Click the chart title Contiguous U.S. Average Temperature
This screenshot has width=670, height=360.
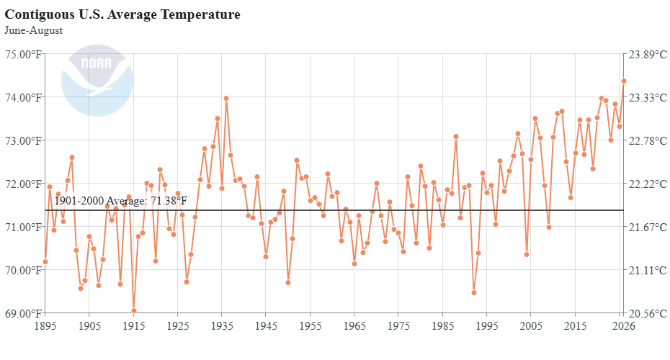click(x=122, y=14)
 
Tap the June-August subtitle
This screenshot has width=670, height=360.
click(x=33, y=30)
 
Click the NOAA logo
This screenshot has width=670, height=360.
click(x=97, y=81)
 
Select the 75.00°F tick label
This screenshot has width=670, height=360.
click(x=24, y=54)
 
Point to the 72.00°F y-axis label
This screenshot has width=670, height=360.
click(x=24, y=184)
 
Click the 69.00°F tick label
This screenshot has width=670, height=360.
click(x=24, y=313)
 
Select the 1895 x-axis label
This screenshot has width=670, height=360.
click(x=45, y=326)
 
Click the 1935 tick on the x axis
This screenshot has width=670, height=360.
click(x=222, y=326)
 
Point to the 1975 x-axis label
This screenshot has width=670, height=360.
click(x=398, y=326)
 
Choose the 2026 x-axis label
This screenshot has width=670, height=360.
click(x=624, y=326)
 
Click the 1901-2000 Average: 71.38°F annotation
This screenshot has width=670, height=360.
click(x=120, y=201)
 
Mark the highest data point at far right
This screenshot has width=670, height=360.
click(x=624, y=81)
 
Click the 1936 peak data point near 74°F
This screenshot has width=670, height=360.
click(x=226, y=98)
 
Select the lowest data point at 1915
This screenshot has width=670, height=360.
click(x=134, y=311)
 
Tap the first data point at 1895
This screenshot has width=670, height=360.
click(x=45, y=262)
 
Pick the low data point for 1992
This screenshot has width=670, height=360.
click(x=474, y=293)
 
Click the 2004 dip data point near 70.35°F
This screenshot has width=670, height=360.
click(x=527, y=254)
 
